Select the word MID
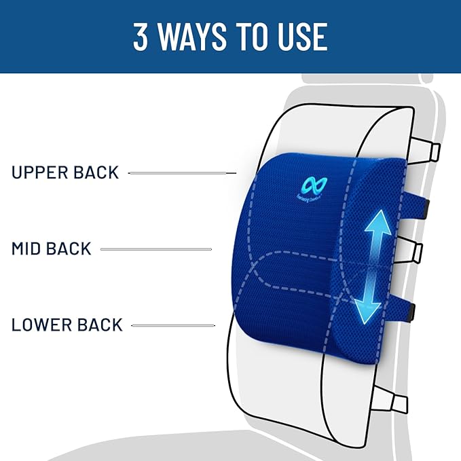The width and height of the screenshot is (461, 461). point(29,248)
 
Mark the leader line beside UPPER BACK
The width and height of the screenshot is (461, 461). point(181,173)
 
